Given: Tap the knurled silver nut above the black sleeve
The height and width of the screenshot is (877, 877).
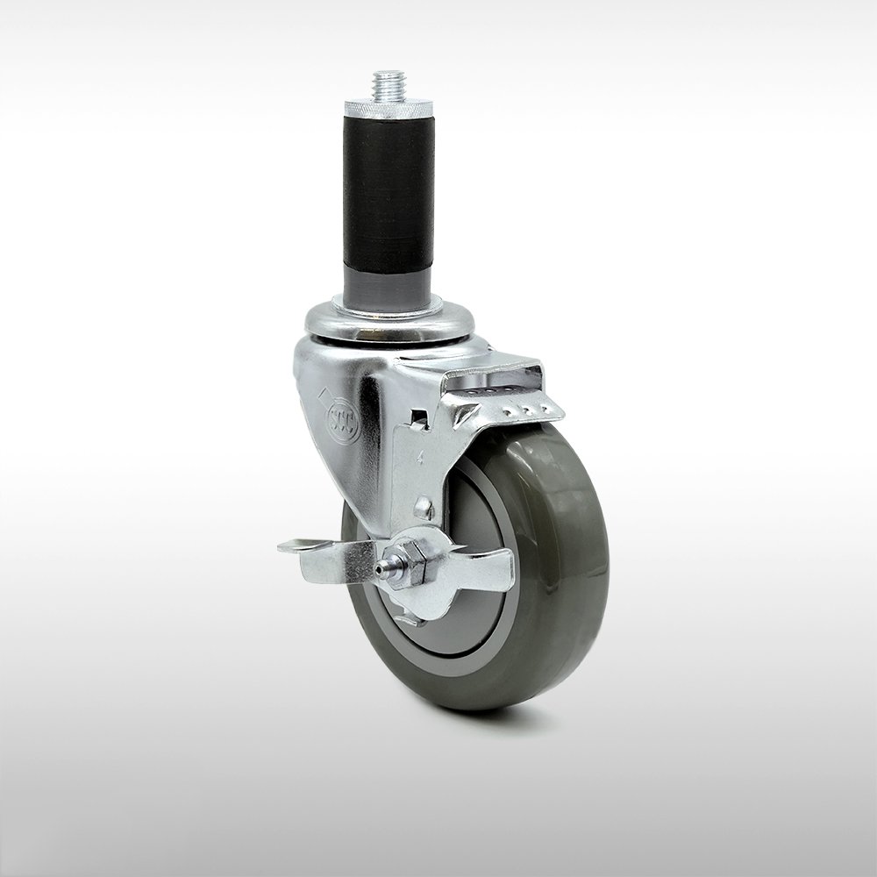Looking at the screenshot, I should click(x=387, y=109).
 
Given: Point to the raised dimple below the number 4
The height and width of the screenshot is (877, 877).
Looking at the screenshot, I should click(x=424, y=508).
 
